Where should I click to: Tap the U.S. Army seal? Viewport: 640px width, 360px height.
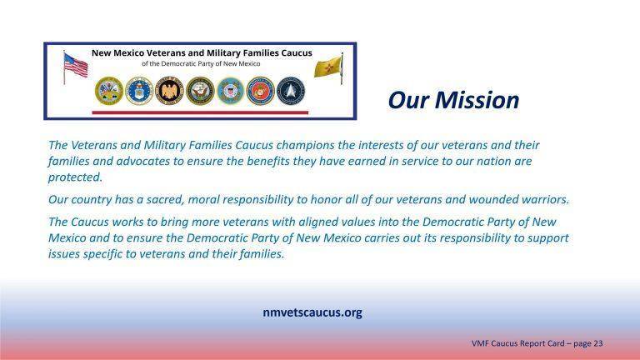tap(109, 90)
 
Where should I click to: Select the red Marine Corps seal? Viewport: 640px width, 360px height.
tap(260, 90)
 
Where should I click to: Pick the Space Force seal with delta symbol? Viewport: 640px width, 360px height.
tap(291, 90)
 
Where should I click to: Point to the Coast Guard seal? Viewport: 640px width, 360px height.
tap(230, 90)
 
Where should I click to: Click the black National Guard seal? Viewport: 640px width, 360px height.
tap(170, 90)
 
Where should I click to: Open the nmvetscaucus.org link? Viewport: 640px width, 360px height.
tap(312, 313)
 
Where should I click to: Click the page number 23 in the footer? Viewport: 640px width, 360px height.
tap(598, 343)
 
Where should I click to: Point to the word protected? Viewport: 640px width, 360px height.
tap(75, 177)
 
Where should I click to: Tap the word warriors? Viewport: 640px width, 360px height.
tap(543, 199)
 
